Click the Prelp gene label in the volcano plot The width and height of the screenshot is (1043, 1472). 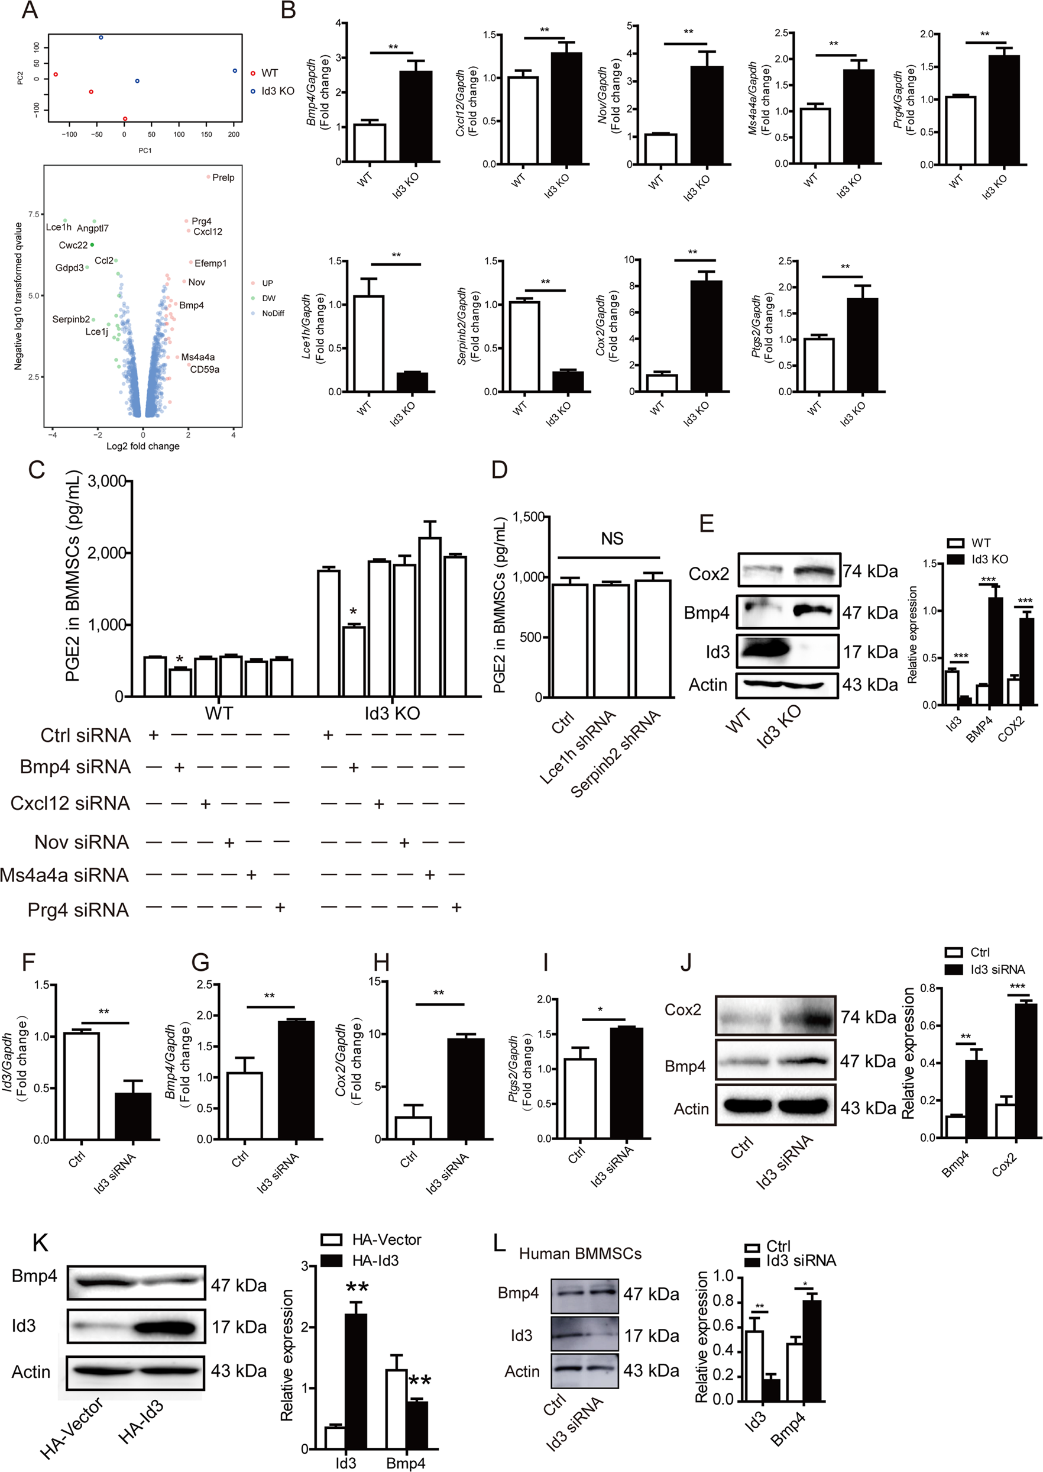coord(223,177)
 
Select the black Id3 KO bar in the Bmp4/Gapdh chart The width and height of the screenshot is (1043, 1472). coord(416,117)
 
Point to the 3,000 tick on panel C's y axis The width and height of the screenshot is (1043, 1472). coord(106,481)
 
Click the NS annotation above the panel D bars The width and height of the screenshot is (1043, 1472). coord(611,538)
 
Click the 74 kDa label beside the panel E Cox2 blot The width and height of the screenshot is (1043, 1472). coord(870,571)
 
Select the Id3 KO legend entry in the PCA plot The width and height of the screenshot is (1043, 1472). coord(277,91)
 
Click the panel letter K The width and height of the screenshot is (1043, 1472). coord(40,1242)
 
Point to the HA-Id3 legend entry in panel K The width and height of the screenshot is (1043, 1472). coord(374,1261)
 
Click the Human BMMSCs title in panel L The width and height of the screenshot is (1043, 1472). coord(579,1254)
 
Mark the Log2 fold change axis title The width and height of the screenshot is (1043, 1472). coord(142,446)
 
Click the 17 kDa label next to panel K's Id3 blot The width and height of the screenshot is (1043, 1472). coord(239,1327)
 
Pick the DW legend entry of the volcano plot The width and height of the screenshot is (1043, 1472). coord(268,298)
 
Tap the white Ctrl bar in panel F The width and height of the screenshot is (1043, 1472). coord(83,1085)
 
